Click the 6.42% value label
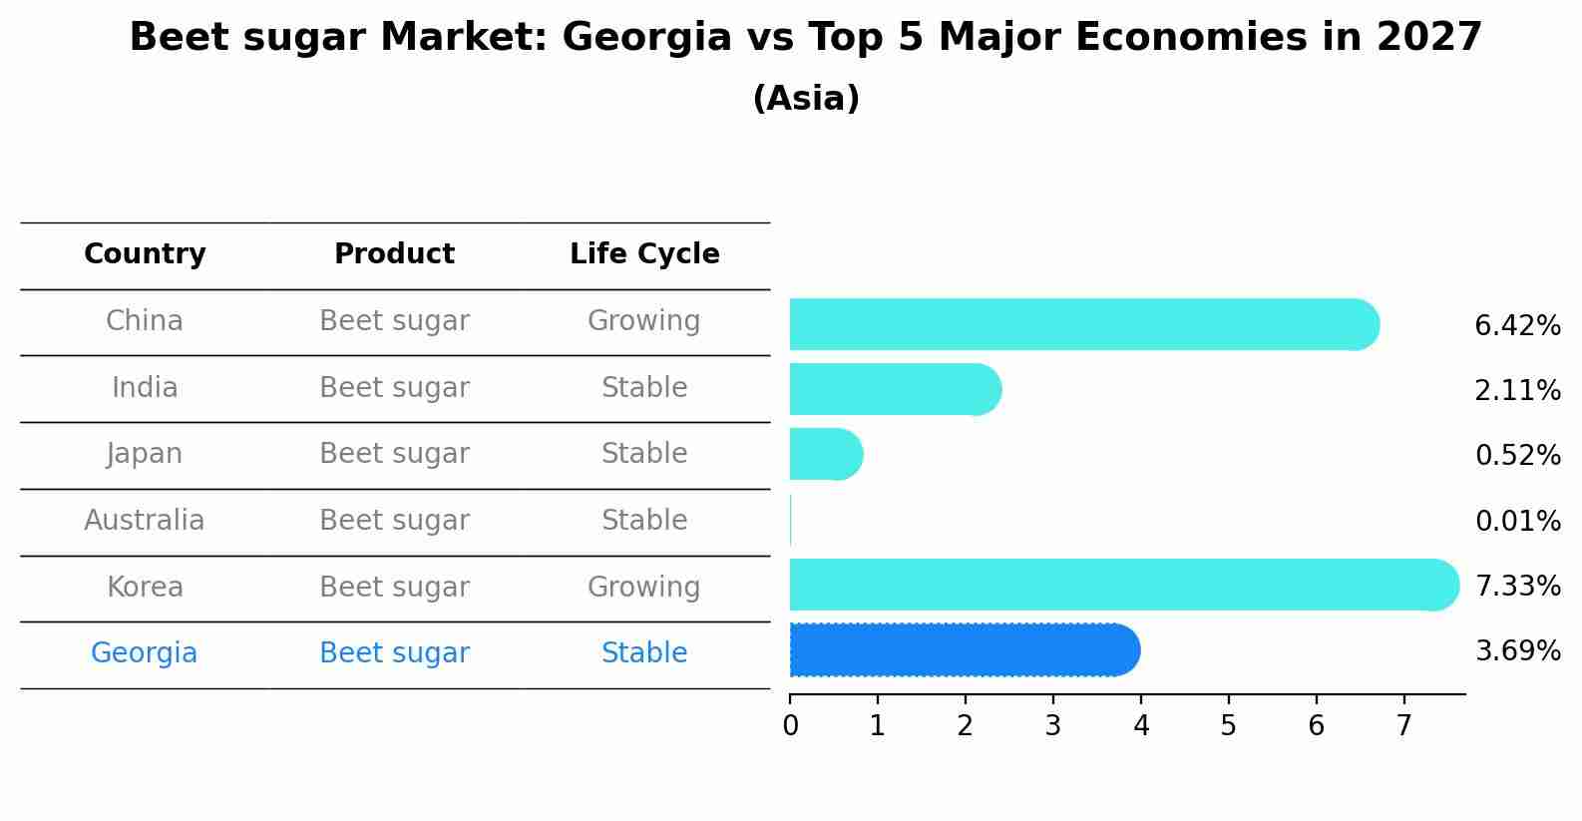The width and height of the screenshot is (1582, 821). (x=1517, y=326)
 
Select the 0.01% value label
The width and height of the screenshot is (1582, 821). (x=1517, y=521)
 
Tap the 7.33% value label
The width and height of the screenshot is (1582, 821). (x=1517, y=586)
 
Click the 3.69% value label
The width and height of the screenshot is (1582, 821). (x=1517, y=651)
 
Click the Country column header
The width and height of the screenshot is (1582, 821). (x=145, y=254)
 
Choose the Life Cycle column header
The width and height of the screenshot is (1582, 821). (x=644, y=254)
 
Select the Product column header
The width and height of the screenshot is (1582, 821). (x=394, y=254)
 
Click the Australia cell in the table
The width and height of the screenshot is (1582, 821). (x=145, y=521)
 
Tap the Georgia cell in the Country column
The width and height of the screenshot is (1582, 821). (x=145, y=653)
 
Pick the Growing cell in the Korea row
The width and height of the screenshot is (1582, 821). (x=643, y=588)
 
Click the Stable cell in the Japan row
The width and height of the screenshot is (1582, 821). (x=643, y=454)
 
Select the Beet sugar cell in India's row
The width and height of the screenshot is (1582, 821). (x=394, y=388)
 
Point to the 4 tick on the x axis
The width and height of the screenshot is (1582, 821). (x=1141, y=725)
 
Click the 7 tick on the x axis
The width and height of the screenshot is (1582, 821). (x=1404, y=725)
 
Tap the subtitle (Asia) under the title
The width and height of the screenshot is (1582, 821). (x=806, y=99)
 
